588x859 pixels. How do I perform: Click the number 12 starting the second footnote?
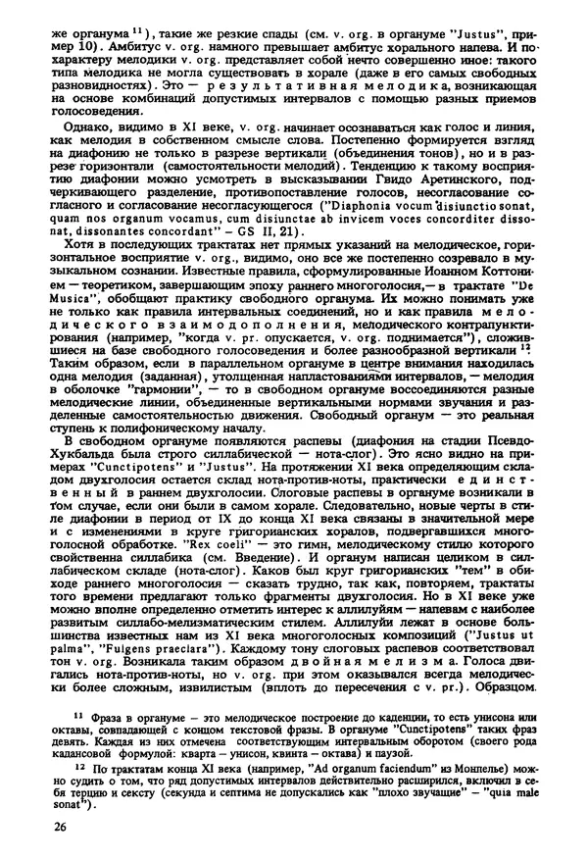[x=51, y=764]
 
